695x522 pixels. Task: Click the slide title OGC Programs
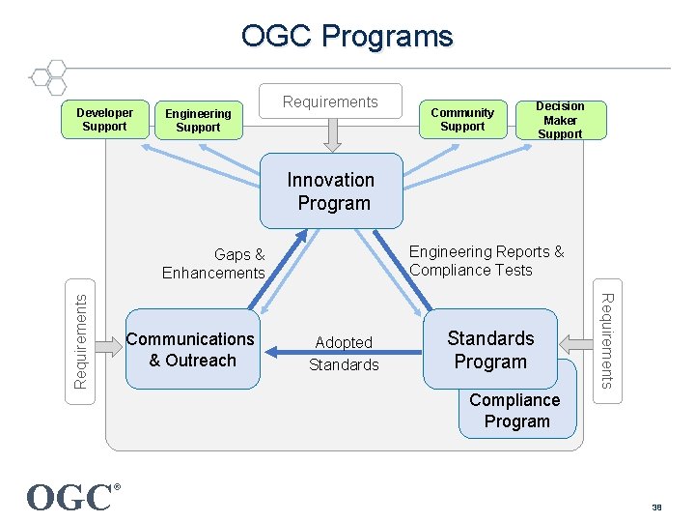click(347, 37)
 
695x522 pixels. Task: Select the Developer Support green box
click(104, 120)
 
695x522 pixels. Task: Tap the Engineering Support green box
click(198, 121)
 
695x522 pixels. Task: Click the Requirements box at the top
click(330, 102)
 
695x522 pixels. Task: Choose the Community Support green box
click(462, 120)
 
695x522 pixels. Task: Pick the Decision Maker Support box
click(560, 120)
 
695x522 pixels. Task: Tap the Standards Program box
click(490, 349)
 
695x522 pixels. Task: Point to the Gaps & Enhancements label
click(214, 264)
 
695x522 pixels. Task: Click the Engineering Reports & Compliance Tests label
click(486, 261)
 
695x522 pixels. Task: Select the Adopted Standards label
click(344, 353)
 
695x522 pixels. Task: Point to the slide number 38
click(657, 506)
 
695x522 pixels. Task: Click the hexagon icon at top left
click(47, 77)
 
